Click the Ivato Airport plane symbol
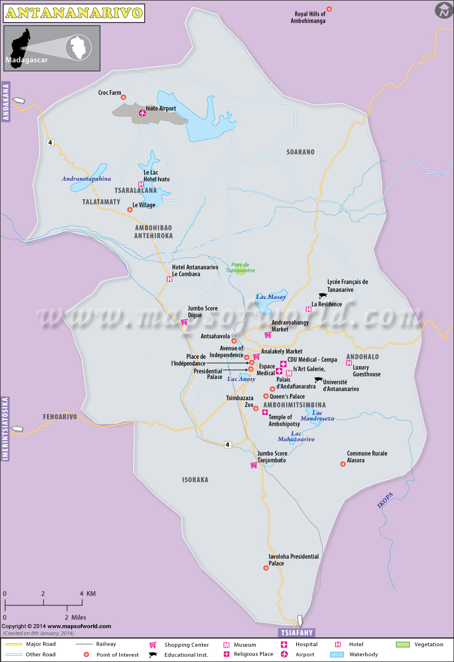[x=142, y=113]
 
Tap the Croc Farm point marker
[x=123, y=97]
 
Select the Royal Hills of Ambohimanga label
[x=310, y=18]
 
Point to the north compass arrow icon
[x=443, y=10]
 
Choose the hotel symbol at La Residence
[x=309, y=309]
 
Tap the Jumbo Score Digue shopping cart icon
[x=184, y=322]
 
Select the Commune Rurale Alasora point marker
[x=343, y=464]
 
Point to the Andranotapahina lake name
[x=86, y=179]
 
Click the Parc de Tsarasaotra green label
[x=243, y=268]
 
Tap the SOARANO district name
[x=300, y=152]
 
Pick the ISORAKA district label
[x=195, y=479]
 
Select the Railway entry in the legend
[x=106, y=644]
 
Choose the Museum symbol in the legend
[x=226, y=645]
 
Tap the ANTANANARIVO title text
[x=73, y=12]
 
